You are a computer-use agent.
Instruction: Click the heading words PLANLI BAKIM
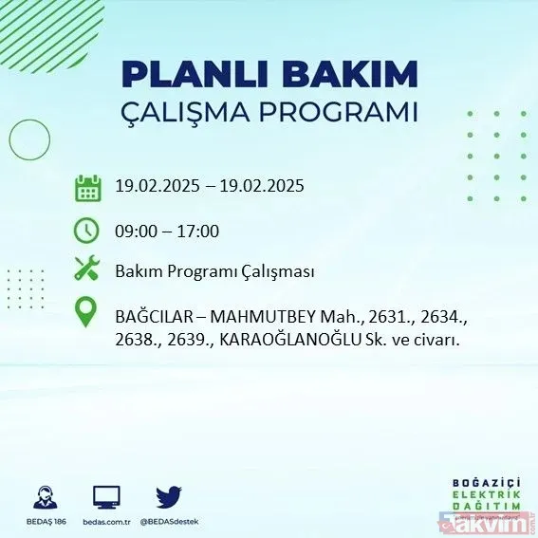pyautogui.click(x=269, y=74)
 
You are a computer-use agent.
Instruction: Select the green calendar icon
pyautogui.click(x=87, y=187)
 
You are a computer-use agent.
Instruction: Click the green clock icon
pyautogui.click(x=87, y=231)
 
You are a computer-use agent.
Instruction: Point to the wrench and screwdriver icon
pyautogui.click(x=87, y=270)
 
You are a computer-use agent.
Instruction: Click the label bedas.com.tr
pyautogui.click(x=105, y=520)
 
